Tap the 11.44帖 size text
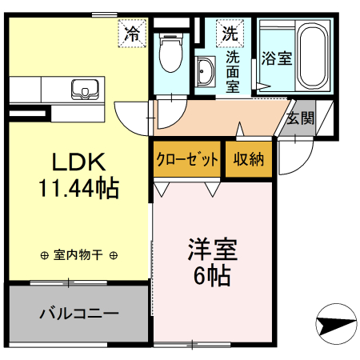coord(78,189)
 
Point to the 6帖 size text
coord(212,276)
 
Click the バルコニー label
coord(78,313)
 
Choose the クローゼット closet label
coord(187,158)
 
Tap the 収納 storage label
coord(248,158)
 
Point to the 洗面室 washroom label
coord(233,70)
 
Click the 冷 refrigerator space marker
coord(132,34)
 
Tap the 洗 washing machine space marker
coord(230,34)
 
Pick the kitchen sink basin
coord(84,87)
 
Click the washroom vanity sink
coord(205,70)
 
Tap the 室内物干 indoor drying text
coord(78,255)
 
